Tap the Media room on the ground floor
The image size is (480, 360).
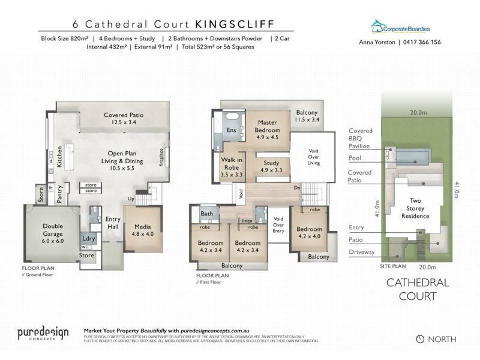pos(143,229)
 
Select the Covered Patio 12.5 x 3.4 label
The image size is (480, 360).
pos(124,118)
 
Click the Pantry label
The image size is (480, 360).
pos(59,194)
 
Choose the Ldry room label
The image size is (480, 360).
pos(89,239)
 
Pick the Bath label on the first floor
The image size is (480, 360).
pos(207,214)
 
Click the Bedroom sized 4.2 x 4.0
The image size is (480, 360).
pos(310,233)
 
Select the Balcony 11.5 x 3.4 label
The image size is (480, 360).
pos(306,116)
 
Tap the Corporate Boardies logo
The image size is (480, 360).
pos(400,28)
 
